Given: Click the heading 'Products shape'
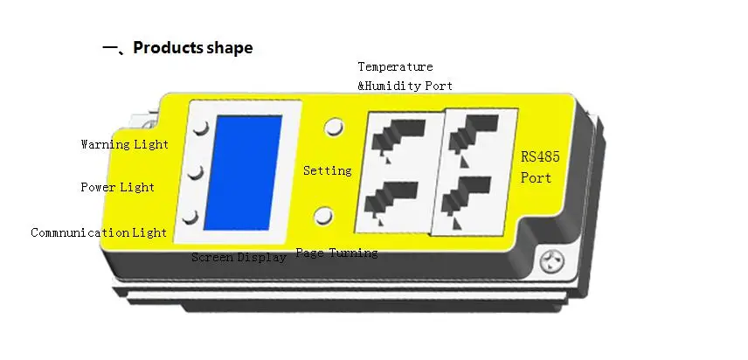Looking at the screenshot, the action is (192, 48).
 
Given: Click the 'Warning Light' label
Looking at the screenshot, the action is (124, 143).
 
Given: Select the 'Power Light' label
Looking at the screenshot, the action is (118, 187).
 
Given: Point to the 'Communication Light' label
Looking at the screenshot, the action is (99, 232).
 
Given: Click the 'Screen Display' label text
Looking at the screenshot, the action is (239, 258).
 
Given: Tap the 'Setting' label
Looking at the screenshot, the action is (327, 170).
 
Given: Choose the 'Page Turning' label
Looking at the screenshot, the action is (336, 253).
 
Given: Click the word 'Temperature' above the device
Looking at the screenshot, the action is (395, 66).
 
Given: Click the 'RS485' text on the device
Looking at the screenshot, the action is (539, 158).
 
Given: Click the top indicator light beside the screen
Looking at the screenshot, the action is (201, 128).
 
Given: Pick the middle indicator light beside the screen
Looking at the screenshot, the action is (197, 172).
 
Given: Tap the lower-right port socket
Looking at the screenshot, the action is (463, 198).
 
